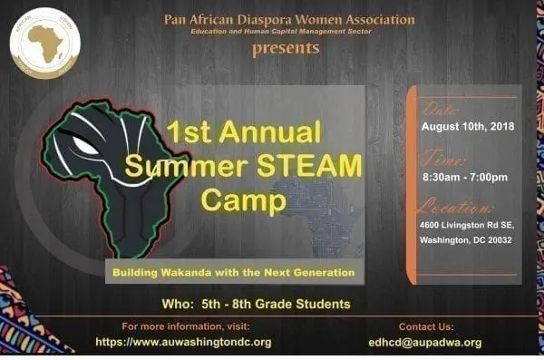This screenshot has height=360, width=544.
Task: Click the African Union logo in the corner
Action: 44,43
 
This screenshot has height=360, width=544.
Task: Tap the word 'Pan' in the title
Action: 176,19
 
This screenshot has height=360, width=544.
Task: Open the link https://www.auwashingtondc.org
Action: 183,342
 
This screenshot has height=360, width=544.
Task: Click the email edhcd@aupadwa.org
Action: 440,342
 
